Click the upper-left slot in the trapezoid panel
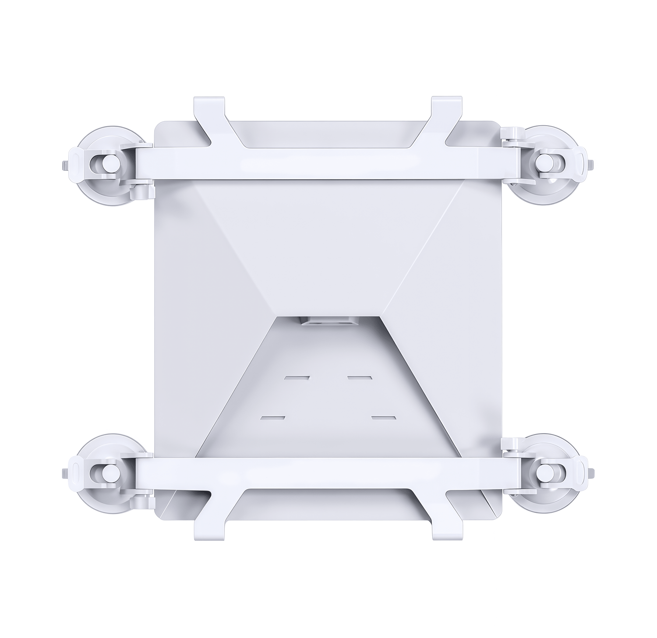[x=297, y=377]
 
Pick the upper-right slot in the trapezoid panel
[x=360, y=377]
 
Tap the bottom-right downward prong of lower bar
[x=446, y=525]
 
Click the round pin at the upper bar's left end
[x=105, y=164]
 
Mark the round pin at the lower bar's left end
[x=105, y=471]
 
